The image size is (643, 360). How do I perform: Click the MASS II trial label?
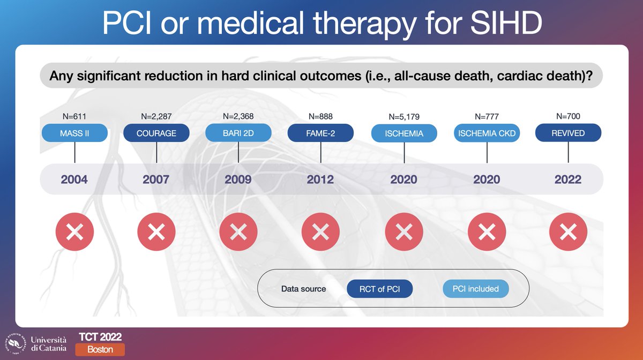pyautogui.click(x=74, y=133)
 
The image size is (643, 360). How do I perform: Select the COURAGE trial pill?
pyautogui.click(x=156, y=133)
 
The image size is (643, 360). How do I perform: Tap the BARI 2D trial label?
pyautogui.click(x=238, y=133)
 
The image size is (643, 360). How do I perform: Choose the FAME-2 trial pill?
pyautogui.click(x=320, y=133)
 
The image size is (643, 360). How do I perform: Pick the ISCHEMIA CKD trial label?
pyautogui.click(x=487, y=133)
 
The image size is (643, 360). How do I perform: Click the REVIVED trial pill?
pyautogui.click(x=569, y=133)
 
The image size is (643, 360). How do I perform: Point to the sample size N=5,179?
pyautogui.click(x=404, y=117)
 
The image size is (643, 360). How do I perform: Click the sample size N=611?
pyautogui.click(x=74, y=116)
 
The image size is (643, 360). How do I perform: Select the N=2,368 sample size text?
pyautogui.click(x=238, y=116)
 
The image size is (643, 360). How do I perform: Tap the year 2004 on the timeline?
pyautogui.click(x=74, y=179)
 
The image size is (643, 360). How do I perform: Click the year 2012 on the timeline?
pyautogui.click(x=320, y=179)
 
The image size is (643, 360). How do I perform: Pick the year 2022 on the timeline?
pyautogui.click(x=569, y=179)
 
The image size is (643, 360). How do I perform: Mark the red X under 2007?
pyautogui.click(x=156, y=232)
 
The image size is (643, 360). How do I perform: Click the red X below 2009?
pyautogui.click(x=238, y=232)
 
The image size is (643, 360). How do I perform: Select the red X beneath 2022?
pyautogui.click(x=569, y=232)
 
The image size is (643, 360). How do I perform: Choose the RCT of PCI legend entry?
pyautogui.click(x=380, y=289)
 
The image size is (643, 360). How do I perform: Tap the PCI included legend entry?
pyautogui.click(x=475, y=289)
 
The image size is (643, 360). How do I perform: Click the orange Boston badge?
pyautogui.click(x=100, y=349)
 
